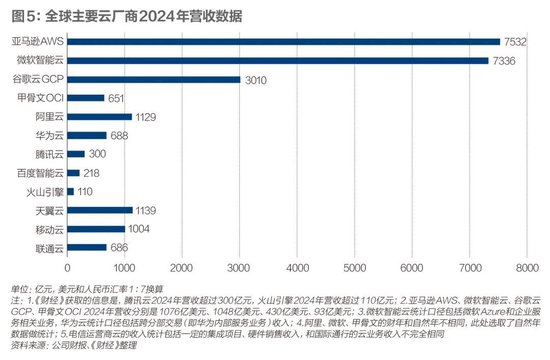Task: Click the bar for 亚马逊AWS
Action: pos(283,42)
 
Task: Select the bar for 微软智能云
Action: pos(277,60)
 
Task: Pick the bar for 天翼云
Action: pos(99,210)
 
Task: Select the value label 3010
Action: pos(256,79)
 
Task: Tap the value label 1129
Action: pos(148,116)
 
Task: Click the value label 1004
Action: pos(141,229)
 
